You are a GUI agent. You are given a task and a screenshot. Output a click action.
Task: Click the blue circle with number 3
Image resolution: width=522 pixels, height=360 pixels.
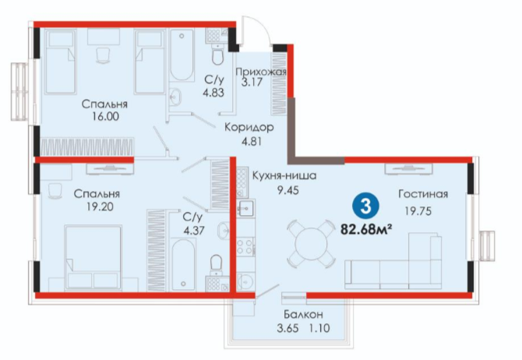click(x=365, y=206)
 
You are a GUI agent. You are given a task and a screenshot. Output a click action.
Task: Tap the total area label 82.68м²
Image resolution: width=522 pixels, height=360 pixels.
click(x=365, y=229)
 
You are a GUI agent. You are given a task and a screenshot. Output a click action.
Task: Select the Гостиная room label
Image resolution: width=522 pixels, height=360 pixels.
click(x=423, y=194)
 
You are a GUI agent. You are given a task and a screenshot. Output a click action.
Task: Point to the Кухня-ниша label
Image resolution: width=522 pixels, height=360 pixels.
click(x=284, y=175)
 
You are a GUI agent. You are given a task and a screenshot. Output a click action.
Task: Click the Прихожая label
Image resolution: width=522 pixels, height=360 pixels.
click(x=261, y=72)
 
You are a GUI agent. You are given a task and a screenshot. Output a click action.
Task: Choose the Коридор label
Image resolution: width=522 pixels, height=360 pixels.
click(x=249, y=127)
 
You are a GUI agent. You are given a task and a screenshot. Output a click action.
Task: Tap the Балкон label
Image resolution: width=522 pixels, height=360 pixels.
click(x=303, y=314)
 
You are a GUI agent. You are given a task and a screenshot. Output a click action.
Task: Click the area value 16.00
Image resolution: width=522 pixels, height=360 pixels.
click(x=104, y=117)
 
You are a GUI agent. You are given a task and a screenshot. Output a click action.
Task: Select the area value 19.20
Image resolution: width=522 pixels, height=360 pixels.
click(x=100, y=206)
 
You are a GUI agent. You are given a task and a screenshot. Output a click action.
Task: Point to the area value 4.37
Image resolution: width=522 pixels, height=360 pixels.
click(x=194, y=231)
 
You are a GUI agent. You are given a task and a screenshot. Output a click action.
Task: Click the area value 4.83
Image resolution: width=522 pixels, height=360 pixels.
click(x=213, y=92)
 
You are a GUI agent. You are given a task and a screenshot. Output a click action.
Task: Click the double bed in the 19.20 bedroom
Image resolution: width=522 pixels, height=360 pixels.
click(x=93, y=257)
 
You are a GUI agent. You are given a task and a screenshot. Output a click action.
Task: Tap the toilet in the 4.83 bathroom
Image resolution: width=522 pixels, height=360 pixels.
click(x=218, y=55)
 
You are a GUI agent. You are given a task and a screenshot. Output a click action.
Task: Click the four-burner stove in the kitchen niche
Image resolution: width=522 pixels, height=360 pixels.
click(x=245, y=246)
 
